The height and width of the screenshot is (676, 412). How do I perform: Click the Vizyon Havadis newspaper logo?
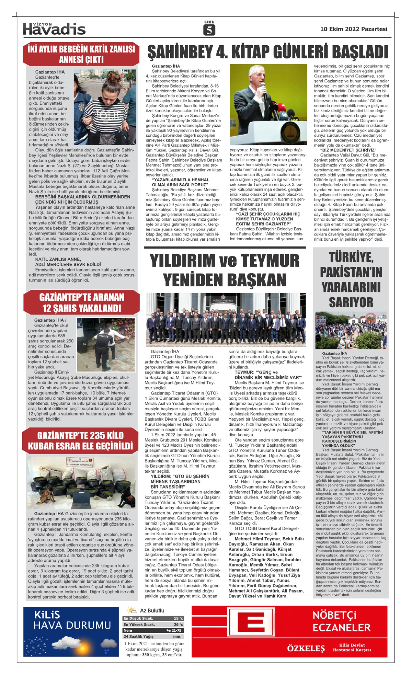pos(54,29)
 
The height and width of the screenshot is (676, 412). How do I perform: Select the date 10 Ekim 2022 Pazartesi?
pos(353,29)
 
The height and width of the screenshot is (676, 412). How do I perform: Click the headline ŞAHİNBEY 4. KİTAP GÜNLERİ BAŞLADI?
pos(267,52)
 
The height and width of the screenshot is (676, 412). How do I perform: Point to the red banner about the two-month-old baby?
pos(81,54)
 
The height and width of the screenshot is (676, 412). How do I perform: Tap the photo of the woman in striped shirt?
pos(105,107)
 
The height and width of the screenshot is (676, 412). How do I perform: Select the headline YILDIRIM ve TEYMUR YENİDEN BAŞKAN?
pos(225,270)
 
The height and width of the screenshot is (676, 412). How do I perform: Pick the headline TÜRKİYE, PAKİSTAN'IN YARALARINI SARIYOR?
pos(351,279)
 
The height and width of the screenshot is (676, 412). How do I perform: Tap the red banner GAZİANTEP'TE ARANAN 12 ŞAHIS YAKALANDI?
pos(81,302)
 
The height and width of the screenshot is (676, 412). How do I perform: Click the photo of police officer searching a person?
pos(106,344)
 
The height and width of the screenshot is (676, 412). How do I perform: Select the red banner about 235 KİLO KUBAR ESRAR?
pos(80,441)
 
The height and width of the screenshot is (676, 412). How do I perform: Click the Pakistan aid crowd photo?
pos(351,330)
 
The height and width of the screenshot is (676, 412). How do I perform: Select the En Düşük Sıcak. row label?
pos(138,618)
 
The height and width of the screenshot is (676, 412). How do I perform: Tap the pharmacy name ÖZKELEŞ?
pos(306,649)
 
